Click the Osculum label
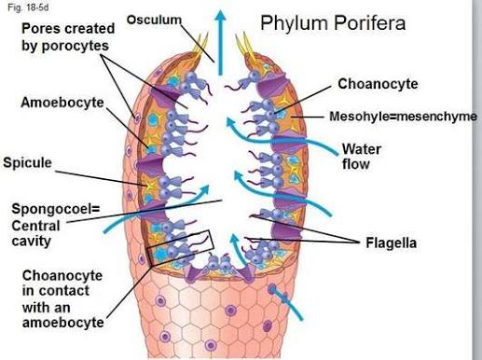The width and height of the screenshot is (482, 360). point(154,20)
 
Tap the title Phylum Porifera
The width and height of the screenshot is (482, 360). point(333,23)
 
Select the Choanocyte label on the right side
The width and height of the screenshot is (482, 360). point(378,84)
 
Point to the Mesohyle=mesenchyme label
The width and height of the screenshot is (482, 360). point(403,117)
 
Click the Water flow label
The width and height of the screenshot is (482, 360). point(362,157)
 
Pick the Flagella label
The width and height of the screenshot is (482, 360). point(391,242)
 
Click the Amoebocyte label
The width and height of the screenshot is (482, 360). point(62,103)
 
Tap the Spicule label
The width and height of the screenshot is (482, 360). point(27,162)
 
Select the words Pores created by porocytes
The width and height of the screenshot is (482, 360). point(68,37)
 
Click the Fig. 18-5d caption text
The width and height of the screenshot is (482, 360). point(28,7)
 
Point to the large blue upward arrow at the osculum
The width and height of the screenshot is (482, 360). point(220,42)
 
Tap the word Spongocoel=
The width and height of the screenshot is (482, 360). point(56,209)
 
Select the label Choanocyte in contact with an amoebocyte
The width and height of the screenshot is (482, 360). point(62,298)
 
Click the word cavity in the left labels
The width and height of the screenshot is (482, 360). point(32,242)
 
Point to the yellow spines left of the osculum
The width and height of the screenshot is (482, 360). point(200,46)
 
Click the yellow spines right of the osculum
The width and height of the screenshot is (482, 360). point(245,46)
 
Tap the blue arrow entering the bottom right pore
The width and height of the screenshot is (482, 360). point(286,303)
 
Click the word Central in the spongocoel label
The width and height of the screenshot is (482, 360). point(35,226)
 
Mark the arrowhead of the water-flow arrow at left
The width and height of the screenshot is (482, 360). point(205,189)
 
